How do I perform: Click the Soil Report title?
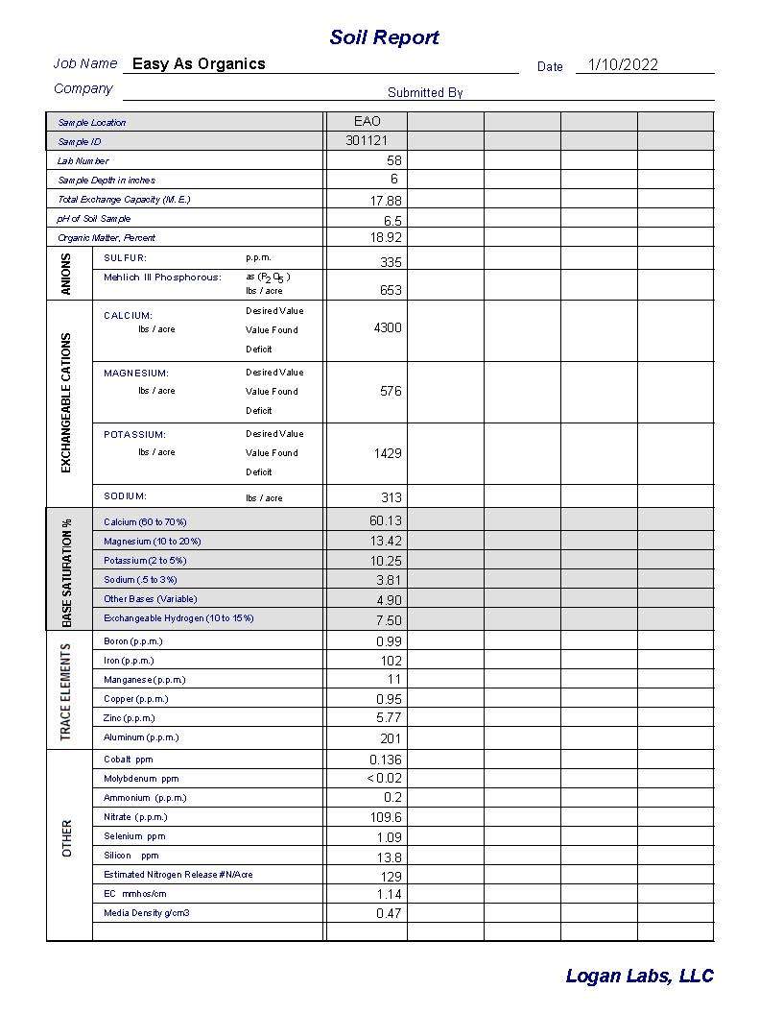click(x=384, y=37)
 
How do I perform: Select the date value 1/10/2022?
click(x=623, y=65)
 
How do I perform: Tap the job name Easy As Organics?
click(x=199, y=64)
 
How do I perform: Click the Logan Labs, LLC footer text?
click(x=639, y=976)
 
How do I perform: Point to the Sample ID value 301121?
click(x=367, y=141)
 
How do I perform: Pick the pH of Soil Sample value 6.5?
click(x=392, y=220)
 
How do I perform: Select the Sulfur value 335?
click(x=391, y=262)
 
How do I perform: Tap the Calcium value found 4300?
click(x=388, y=328)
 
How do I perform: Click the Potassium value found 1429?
click(x=388, y=453)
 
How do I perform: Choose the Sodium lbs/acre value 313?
click(x=391, y=497)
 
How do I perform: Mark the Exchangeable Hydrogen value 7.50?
click(x=389, y=620)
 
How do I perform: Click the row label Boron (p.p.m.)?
click(x=133, y=641)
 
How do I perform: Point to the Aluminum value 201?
click(x=391, y=738)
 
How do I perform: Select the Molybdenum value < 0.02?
click(x=385, y=779)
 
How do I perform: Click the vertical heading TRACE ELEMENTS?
click(x=66, y=691)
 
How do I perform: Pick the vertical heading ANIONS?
click(x=66, y=274)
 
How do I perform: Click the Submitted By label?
click(x=425, y=93)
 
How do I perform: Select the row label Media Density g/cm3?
click(x=147, y=913)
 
